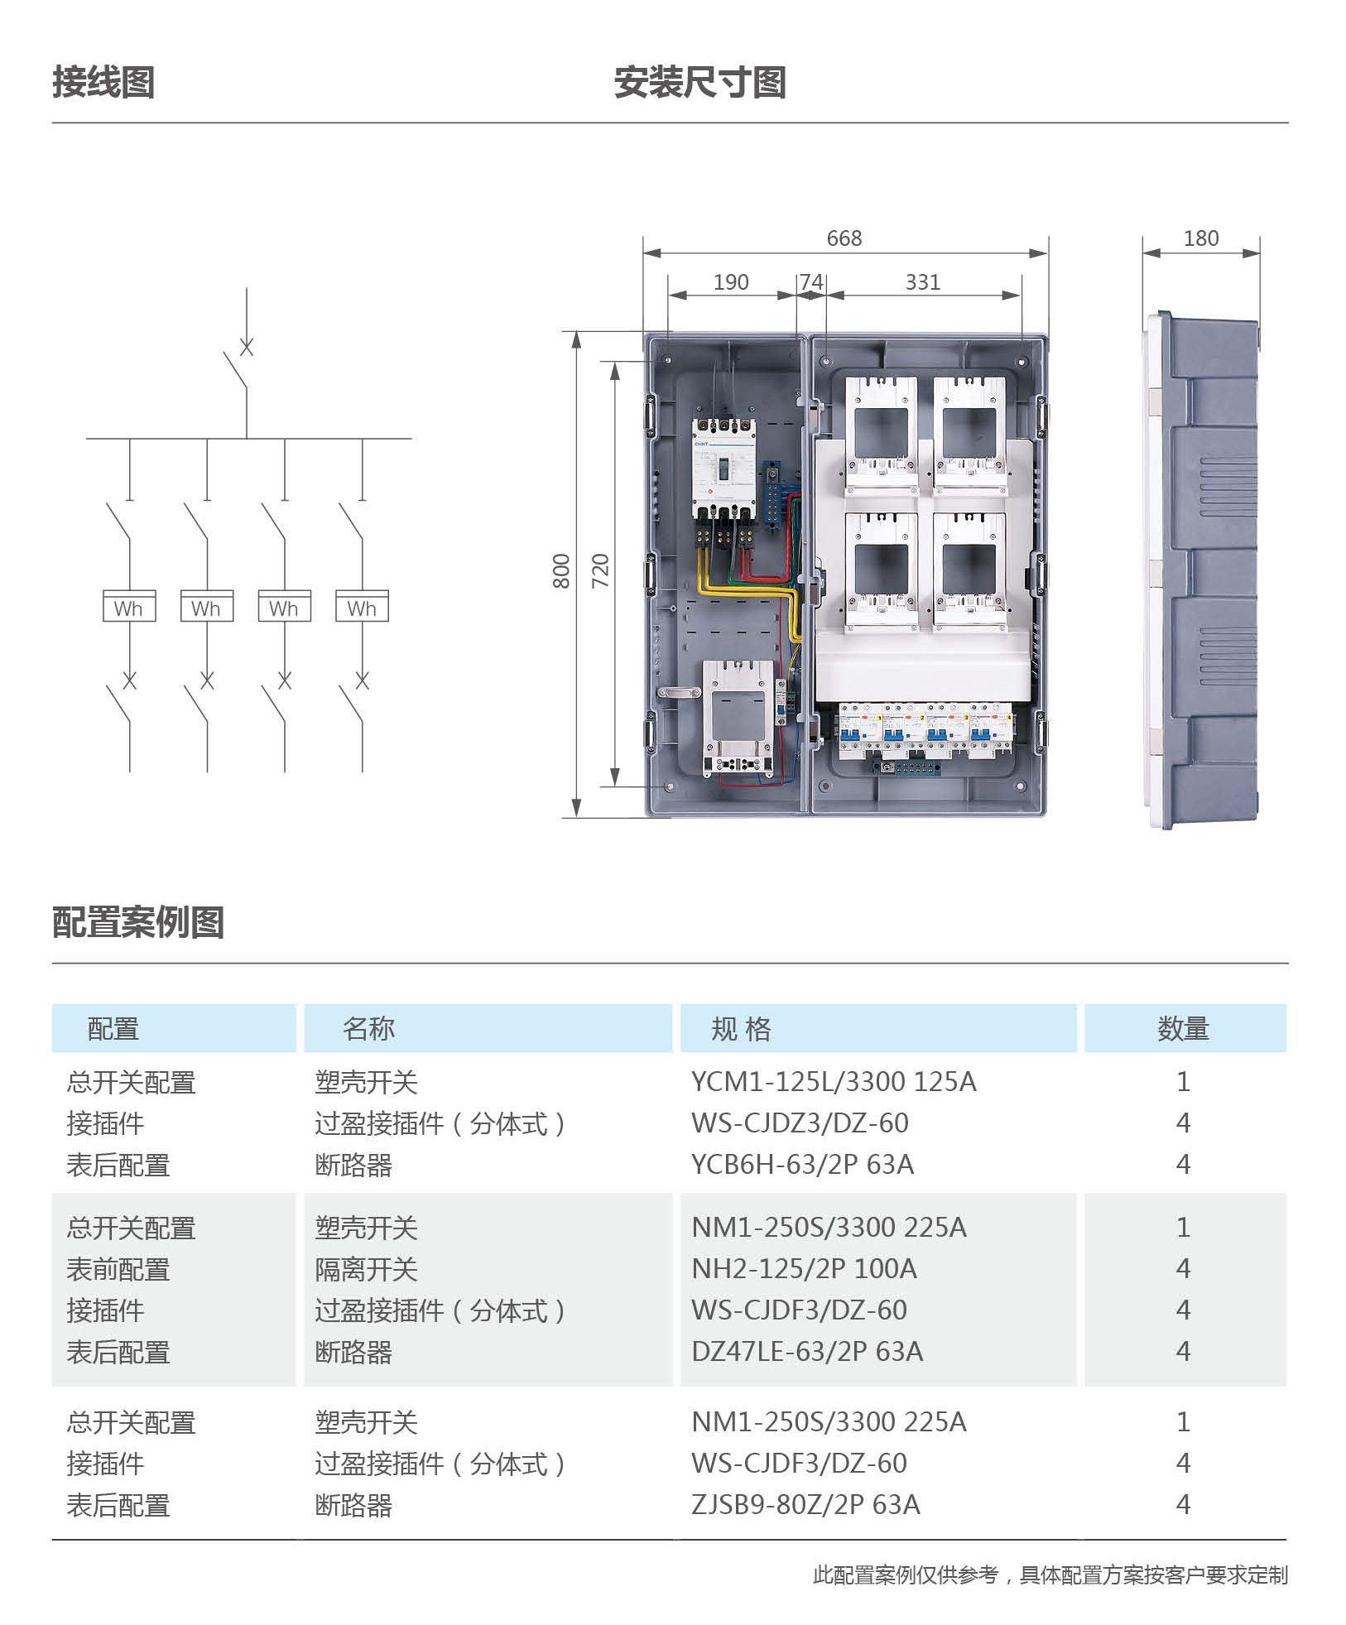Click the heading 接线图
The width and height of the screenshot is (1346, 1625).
pyautogui.click(x=103, y=83)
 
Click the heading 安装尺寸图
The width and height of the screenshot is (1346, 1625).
pyautogui.click(x=699, y=83)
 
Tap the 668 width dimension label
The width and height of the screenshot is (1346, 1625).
pyautogui.click(x=844, y=238)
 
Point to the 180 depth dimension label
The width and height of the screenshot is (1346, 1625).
pyautogui.click(x=1201, y=238)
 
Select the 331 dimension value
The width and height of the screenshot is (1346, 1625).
pyautogui.click(x=923, y=282)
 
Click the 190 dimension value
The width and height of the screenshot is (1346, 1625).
pyautogui.click(x=731, y=282)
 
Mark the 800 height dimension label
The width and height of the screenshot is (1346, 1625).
pyautogui.click(x=561, y=571)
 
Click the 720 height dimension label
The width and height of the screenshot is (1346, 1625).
pyautogui.click(x=600, y=571)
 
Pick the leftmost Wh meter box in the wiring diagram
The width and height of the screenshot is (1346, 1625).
pyautogui.click(x=129, y=606)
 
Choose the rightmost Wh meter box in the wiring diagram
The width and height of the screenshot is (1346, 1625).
pyautogui.click(x=362, y=606)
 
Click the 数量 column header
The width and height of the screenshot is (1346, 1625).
pyautogui.click(x=1183, y=1029)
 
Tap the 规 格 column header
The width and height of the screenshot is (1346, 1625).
pyautogui.click(x=741, y=1029)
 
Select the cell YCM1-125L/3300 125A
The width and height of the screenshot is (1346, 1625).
pyautogui.click(x=834, y=1082)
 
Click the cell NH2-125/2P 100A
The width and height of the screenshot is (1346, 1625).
pyautogui.click(x=804, y=1268)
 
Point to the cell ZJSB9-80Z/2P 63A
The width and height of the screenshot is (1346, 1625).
pyautogui.click(x=805, y=1504)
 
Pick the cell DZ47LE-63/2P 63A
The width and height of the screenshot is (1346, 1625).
pyautogui.click(x=807, y=1351)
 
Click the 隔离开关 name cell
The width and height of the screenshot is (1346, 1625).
pyautogui.click(x=366, y=1269)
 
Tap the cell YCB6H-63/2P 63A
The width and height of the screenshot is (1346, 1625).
pyautogui.click(x=802, y=1165)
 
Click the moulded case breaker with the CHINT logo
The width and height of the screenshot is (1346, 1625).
pyautogui.click(x=724, y=468)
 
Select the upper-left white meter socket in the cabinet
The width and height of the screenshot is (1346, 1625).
pyautogui.click(x=881, y=434)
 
